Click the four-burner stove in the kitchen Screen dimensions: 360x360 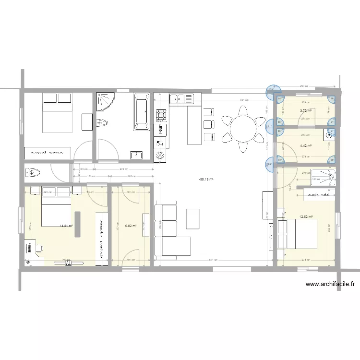[160, 115]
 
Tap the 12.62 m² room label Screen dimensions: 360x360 [305, 216]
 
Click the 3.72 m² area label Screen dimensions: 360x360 [306, 111]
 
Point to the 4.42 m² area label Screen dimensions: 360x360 [306, 146]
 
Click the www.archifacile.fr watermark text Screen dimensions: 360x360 [330, 284]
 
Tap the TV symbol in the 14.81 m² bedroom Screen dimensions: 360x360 [68, 262]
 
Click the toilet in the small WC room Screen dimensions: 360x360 [33, 172]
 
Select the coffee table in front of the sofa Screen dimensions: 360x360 [193, 219]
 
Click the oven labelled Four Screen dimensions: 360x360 [160, 130]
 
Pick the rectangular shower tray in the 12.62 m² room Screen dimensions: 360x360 [323, 177]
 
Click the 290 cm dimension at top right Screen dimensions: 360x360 [303, 86]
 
